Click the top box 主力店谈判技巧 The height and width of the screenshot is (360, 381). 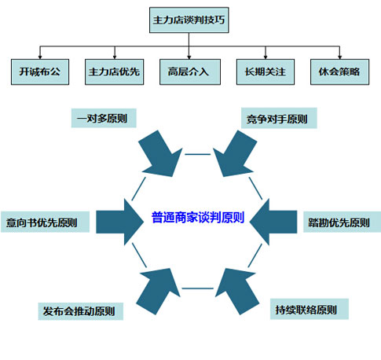(x=189, y=20)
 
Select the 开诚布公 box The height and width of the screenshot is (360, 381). (x=40, y=72)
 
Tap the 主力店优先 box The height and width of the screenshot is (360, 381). (x=115, y=72)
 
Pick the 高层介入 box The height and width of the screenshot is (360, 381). (x=190, y=72)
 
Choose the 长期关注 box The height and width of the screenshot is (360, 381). (x=266, y=72)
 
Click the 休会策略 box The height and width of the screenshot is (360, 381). (x=340, y=72)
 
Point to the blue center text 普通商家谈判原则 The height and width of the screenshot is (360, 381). (x=198, y=218)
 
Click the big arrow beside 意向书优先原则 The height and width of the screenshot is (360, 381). (x=119, y=222)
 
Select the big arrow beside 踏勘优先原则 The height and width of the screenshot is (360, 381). (x=273, y=222)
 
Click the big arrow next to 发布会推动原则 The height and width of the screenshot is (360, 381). (x=159, y=290)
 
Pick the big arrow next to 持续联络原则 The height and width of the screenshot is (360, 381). (x=236, y=290)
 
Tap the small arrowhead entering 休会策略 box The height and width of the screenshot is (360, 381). (x=339, y=57)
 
